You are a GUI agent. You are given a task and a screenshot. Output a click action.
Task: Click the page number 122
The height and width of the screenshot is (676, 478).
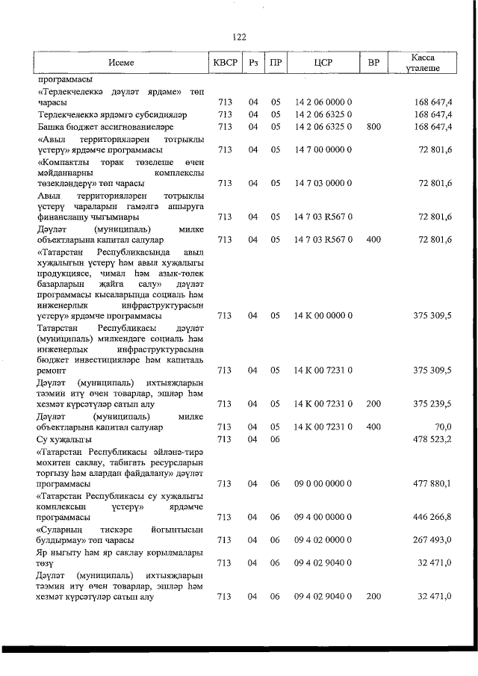(x=239, y=37)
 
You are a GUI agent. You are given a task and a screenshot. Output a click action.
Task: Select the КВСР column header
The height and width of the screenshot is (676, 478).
(x=225, y=63)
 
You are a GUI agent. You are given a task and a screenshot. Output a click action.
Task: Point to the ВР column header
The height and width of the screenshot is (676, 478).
(x=373, y=63)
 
